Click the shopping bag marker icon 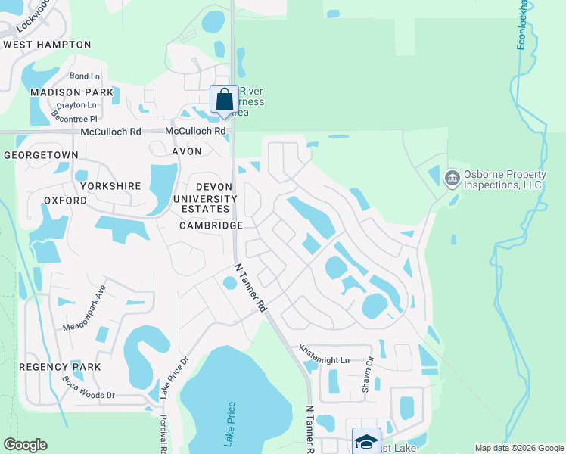point(224,99)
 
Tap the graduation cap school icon point(365,441)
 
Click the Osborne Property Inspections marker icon point(452,179)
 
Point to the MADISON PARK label point(71,92)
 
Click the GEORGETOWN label point(41,154)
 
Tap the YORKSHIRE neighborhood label point(108,185)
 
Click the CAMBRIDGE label point(211,225)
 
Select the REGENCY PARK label point(60,367)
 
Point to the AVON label point(187,151)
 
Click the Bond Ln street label point(85,76)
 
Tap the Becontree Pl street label point(74,119)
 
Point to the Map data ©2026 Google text point(519,448)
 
